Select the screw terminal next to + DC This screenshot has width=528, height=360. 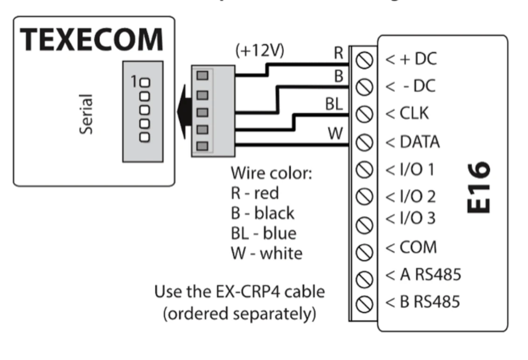click(x=362, y=60)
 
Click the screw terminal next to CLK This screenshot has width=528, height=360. click(x=362, y=113)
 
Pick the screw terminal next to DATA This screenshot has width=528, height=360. click(x=362, y=140)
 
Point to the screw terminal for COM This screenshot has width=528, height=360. click(x=362, y=252)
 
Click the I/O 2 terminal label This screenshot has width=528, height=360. click(x=410, y=196)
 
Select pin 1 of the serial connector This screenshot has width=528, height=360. click(x=145, y=84)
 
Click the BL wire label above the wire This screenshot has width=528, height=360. click(x=334, y=105)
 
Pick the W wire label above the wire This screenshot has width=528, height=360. click(x=335, y=133)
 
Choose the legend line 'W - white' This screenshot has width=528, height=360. click(x=266, y=253)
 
